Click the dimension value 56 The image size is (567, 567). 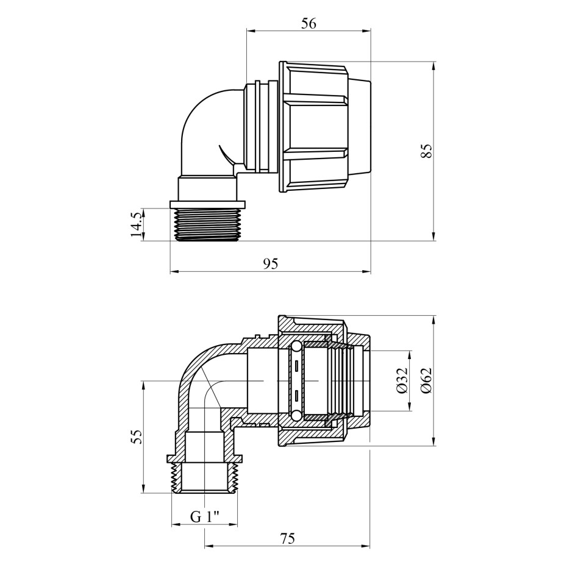pyautogui.click(x=308, y=24)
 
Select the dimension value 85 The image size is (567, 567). pyautogui.click(x=427, y=151)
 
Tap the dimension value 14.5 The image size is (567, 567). pyautogui.click(x=136, y=224)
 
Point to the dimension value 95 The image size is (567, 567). pyautogui.click(x=271, y=264)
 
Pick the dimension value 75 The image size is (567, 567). pyautogui.click(x=287, y=538)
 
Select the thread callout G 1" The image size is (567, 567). pyautogui.click(x=205, y=517)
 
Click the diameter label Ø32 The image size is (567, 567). pyautogui.click(x=402, y=380)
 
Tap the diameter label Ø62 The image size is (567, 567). pyautogui.click(x=427, y=380)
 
